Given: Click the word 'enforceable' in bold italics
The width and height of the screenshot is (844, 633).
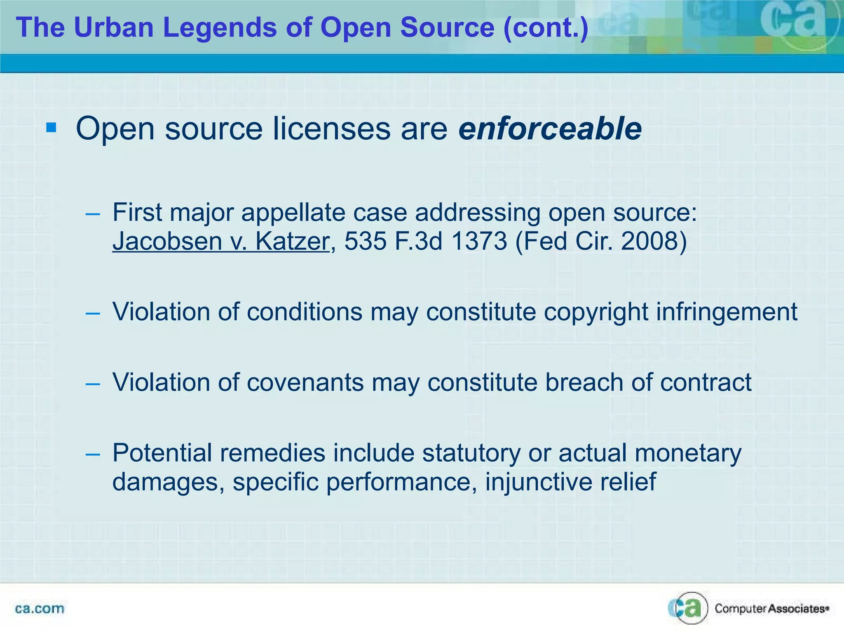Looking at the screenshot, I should click(x=550, y=129).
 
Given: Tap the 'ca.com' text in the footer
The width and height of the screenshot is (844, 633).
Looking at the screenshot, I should click(x=40, y=609).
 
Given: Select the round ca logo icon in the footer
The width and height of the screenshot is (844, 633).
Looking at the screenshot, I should click(x=687, y=608).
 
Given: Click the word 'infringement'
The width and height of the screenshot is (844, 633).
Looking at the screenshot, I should click(x=727, y=312).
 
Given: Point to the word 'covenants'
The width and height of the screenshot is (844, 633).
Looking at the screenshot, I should click(x=305, y=382).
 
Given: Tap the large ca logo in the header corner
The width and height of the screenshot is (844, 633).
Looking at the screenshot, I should click(x=793, y=23).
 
